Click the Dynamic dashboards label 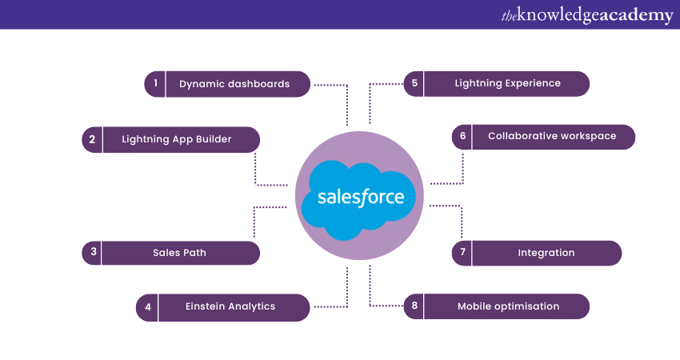234,84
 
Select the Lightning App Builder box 177,139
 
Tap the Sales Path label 179,253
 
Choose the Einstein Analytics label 230,306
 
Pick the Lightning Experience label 507,83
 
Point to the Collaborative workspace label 552,136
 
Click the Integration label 546,253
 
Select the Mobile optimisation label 508,306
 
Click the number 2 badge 92,139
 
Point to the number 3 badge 93,253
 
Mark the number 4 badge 148,307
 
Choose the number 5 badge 414,83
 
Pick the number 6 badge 462,136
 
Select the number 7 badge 462,253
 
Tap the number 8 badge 414,306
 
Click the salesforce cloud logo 359,198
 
